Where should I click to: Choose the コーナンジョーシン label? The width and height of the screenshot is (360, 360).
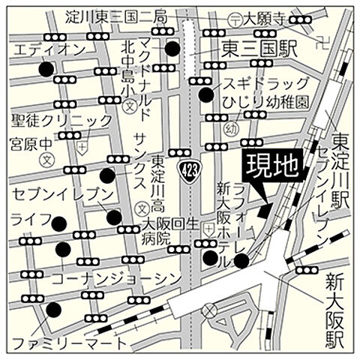click(116, 279)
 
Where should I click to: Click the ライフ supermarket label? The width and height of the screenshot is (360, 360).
click(30, 220)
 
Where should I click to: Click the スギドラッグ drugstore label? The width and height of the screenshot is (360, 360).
click(255, 82)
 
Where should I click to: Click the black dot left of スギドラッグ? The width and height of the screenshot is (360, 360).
click(205, 94)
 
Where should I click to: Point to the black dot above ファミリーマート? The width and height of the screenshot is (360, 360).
click(53, 309)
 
